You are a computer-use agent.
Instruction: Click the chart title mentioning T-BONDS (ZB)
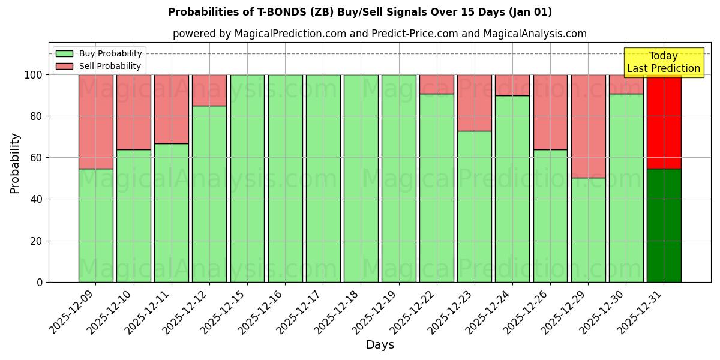tap(360, 12)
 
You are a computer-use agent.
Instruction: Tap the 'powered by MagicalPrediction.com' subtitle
tap(379, 34)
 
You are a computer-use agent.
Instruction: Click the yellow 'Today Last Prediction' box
tap(663, 62)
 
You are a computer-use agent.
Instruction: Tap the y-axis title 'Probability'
tap(15, 163)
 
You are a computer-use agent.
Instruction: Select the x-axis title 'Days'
tap(380, 345)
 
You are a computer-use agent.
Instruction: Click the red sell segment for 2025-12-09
tap(95, 122)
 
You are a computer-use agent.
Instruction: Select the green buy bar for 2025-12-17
tap(323, 178)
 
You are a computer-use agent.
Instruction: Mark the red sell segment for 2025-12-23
tap(475, 103)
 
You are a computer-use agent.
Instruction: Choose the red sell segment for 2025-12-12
tap(209, 90)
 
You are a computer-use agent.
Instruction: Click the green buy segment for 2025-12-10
tap(133, 216)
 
